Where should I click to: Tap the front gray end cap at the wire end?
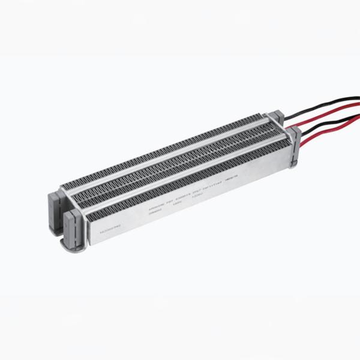[294, 147]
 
